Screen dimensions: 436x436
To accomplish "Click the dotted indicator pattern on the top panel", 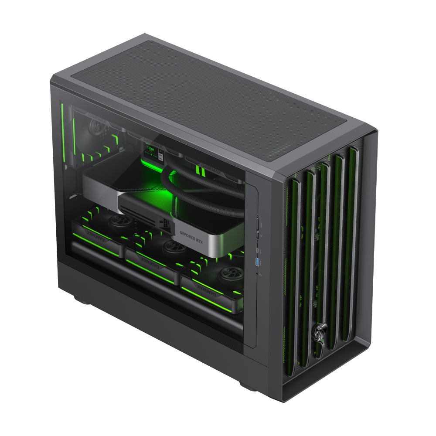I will pyautogui.click(x=279, y=153).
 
